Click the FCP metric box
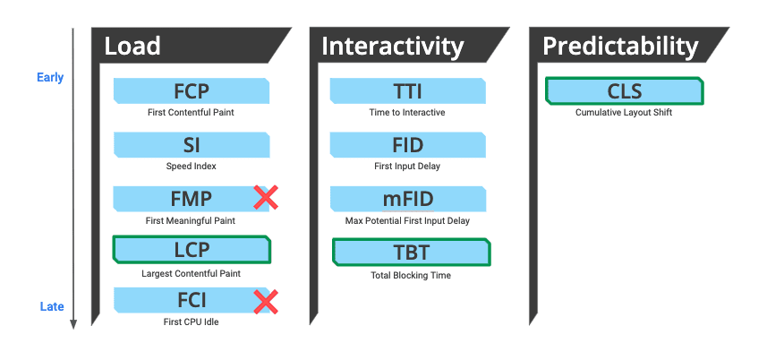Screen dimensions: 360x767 click(192, 91)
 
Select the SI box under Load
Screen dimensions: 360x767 click(192, 145)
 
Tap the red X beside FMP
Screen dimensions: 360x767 click(265, 198)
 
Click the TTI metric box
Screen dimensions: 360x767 click(408, 91)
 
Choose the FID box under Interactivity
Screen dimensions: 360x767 click(408, 145)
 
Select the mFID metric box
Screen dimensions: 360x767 click(408, 199)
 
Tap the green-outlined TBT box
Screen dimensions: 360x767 click(411, 252)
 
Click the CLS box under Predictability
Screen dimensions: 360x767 click(624, 91)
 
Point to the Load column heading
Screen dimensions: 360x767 click(132, 46)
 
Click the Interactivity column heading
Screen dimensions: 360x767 click(392, 46)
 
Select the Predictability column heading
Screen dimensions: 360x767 click(620, 46)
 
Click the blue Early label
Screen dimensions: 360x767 click(50, 78)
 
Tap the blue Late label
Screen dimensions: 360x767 click(52, 307)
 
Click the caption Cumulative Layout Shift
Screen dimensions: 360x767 click(623, 113)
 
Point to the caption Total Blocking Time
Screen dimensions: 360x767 click(410, 275)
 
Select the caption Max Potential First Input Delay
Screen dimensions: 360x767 click(407, 220)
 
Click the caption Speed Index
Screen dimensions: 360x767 click(191, 167)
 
